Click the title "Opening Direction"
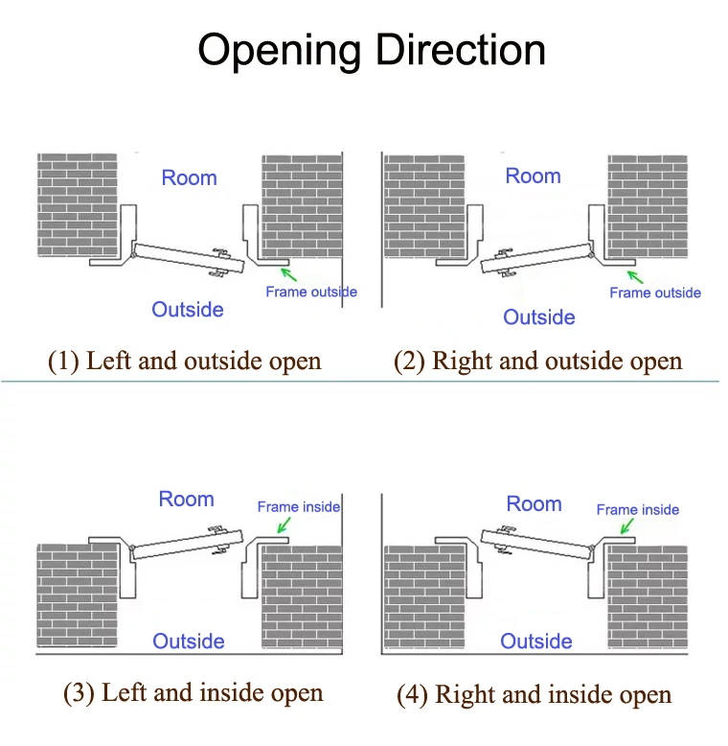[x=372, y=50]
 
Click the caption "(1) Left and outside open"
[x=185, y=361]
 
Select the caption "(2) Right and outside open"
[x=537, y=361]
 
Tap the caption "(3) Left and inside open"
[x=193, y=692]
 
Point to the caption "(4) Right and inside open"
[x=534, y=694]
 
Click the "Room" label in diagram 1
[x=189, y=177]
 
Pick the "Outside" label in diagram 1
[x=188, y=309]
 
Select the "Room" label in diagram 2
[x=533, y=175]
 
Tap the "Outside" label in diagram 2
[x=539, y=317]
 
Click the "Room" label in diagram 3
[x=186, y=499]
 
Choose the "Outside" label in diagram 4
[x=536, y=641]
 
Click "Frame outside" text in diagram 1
[x=311, y=291]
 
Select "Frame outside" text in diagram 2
[x=655, y=292]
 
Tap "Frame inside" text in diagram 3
[x=299, y=506]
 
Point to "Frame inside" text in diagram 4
[x=638, y=509]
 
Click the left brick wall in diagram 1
[x=77, y=204]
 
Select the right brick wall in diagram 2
[x=648, y=204]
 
